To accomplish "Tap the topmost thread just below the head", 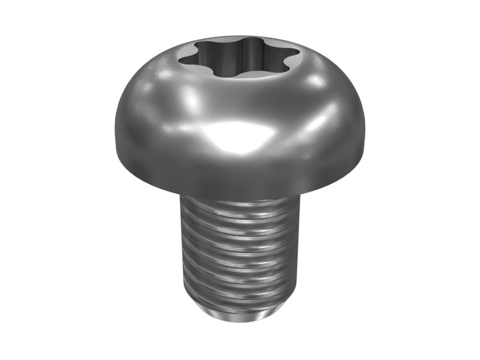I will pyautogui.click(x=240, y=207).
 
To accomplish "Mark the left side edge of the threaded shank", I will pyautogui.click(x=182, y=252).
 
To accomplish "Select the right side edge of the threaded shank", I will pyautogui.click(x=298, y=252).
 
